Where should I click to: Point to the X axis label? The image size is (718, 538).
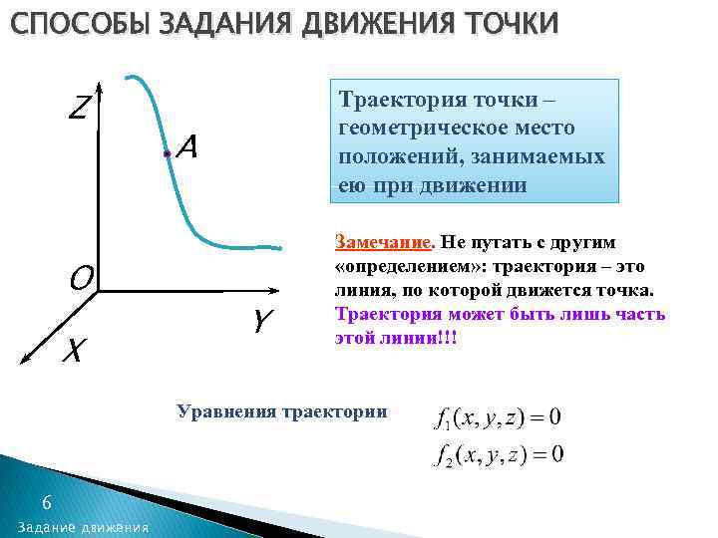pyautogui.click(x=73, y=351)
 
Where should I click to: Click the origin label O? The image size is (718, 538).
pyautogui.click(x=81, y=276)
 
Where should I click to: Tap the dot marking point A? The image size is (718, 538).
pyautogui.click(x=166, y=154)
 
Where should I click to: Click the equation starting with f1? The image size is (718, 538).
pyautogui.click(x=499, y=416)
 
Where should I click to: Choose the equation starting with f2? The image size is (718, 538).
pyautogui.click(x=499, y=455)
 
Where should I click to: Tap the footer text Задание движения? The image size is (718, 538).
pyautogui.click(x=83, y=526)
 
